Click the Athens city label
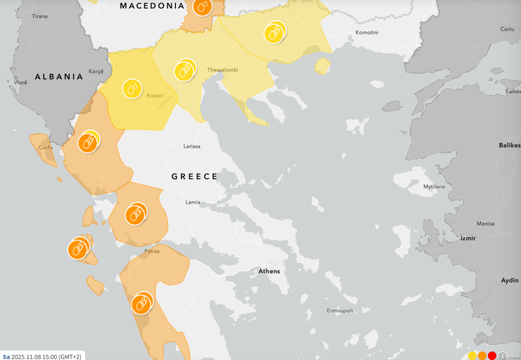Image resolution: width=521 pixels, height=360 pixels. (269, 271)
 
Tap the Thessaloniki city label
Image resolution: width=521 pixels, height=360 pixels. (222, 70)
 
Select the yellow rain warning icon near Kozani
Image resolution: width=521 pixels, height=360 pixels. (132, 88)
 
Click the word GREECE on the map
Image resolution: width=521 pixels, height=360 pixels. (194, 176)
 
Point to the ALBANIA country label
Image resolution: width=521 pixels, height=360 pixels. (59, 77)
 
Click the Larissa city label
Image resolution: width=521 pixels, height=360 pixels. (192, 146)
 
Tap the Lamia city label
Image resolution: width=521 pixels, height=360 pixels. (193, 202)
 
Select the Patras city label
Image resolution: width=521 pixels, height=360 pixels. (152, 251)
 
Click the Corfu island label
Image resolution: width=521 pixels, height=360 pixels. (44, 148)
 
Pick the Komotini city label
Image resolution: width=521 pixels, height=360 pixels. (367, 33)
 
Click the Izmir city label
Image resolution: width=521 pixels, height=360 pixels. (467, 238)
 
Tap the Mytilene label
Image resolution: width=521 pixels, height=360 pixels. (434, 187)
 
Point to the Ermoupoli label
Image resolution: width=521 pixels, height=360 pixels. (339, 310)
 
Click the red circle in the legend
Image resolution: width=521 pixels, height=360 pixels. (491, 355)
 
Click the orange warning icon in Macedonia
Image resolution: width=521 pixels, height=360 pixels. (202, 7)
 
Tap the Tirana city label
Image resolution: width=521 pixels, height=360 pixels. (40, 16)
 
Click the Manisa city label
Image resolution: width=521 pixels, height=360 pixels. (485, 224)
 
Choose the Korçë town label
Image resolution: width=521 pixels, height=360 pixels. (96, 71)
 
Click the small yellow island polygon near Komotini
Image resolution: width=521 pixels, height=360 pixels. (322, 66)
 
